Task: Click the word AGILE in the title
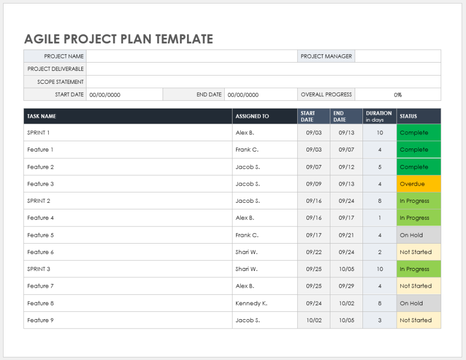pos(42,39)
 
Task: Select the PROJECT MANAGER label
pos(326,56)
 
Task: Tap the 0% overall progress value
pos(398,95)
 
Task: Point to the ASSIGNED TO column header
pos(252,116)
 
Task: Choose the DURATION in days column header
pos(379,116)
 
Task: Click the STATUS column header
pos(408,116)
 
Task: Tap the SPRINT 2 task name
pos(39,201)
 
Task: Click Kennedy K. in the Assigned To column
pos(251,303)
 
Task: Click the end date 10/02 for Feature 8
pos(346,303)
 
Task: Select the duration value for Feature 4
pos(380,218)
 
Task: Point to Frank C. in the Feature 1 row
pos(247,150)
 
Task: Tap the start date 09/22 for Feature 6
pos(314,252)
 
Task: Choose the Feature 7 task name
pos(40,286)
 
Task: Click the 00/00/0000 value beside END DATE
pos(243,95)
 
